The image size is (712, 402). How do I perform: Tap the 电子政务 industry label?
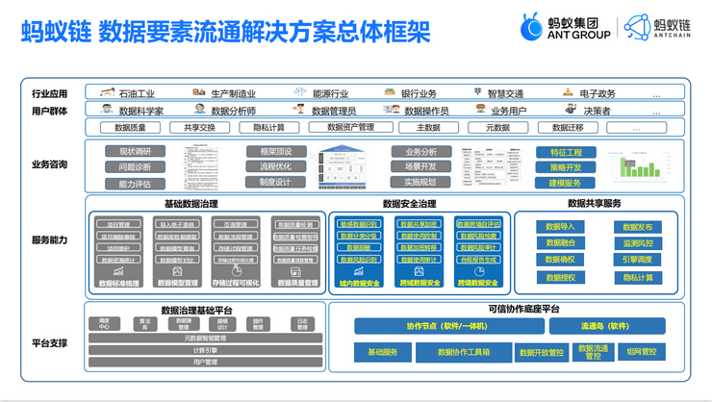[x=597, y=93]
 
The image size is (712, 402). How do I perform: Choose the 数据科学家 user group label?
[x=140, y=111]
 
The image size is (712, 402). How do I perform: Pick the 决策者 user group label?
[x=596, y=111]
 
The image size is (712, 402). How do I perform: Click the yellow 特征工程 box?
[x=566, y=153]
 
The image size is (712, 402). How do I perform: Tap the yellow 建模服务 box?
[x=566, y=183]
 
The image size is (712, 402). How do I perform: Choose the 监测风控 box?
[x=637, y=243]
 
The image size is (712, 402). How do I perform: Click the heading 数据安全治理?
[x=409, y=204]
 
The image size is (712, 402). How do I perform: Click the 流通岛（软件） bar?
[x=604, y=326]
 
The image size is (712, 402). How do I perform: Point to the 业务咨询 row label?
[x=49, y=164]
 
